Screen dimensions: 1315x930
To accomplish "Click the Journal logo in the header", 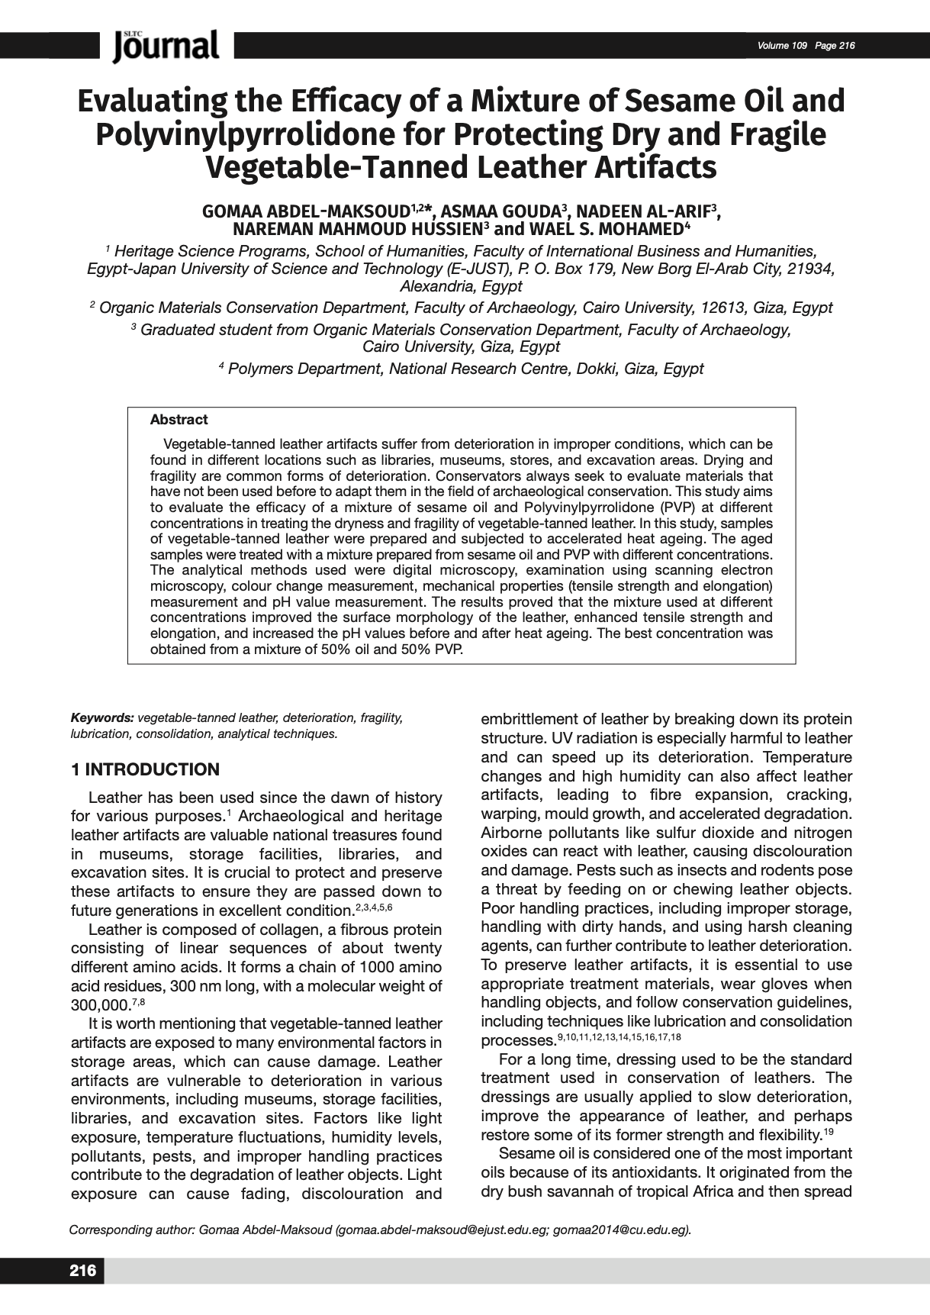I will click(x=166, y=46).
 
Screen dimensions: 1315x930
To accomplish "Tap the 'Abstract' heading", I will click(x=179, y=420).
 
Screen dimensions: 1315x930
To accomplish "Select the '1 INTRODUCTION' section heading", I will click(x=145, y=769).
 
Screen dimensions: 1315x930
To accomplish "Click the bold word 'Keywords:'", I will click(x=102, y=718).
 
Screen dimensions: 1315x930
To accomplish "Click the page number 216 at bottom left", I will click(x=83, y=1270).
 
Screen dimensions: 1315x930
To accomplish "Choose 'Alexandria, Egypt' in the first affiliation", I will click(x=461, y=286).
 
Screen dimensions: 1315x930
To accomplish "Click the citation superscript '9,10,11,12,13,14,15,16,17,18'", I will click(x=619, y=1037).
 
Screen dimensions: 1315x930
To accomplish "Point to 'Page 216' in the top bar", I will click(x=835, y=46).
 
